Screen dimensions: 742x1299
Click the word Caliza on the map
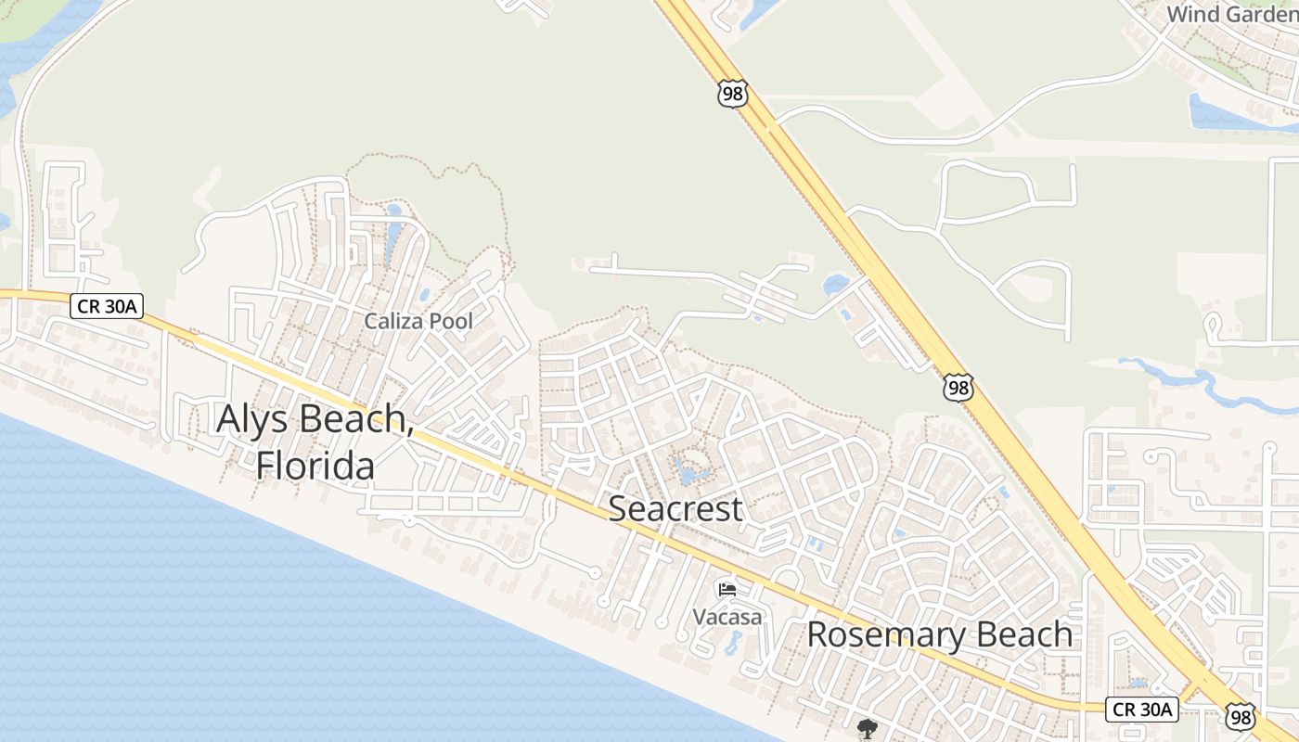[x=394, y=322]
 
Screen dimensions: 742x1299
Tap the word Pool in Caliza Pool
[x=450, y=322]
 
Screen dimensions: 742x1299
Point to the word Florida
[x=315, y=466]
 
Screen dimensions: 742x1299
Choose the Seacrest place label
[x=675, y=508]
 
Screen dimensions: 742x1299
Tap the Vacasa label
[x=727, y=617]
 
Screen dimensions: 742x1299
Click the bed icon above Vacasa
[x=727, y=589]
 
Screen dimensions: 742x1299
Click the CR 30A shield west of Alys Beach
[x=107, y=306]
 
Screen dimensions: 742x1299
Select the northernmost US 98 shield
[x=732, y=94]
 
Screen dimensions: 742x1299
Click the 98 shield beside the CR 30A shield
[x=1240, y=716]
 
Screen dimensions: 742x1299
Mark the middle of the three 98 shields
[x=958, y=388]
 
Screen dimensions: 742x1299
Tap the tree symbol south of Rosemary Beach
[x=868, y=728]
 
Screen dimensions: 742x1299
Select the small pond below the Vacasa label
[x=733, y=642]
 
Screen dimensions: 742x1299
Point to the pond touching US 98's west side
[x=836, y=284]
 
